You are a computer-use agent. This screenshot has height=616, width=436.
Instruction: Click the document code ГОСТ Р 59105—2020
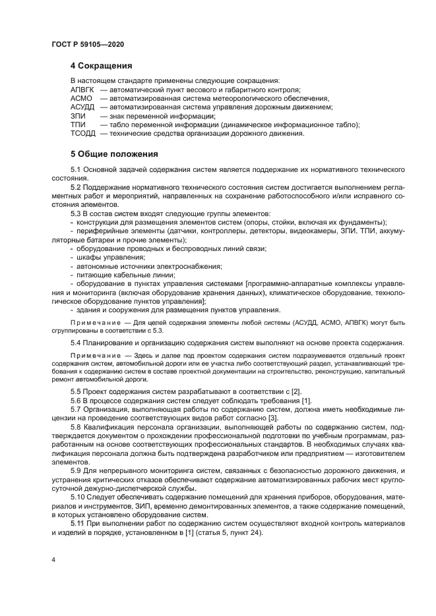pos(88,43)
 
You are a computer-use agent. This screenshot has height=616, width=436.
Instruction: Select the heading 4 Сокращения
pos(102,66)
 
